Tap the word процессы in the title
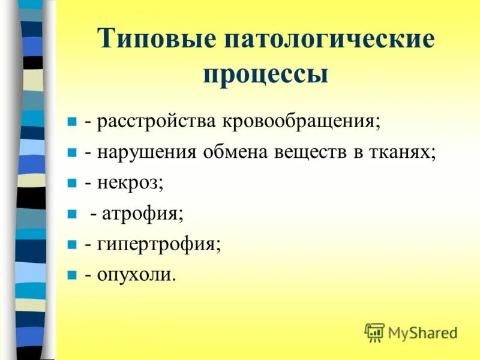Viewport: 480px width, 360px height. [266, 75]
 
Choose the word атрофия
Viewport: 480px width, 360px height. [142, 214]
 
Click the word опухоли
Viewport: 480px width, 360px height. [136, 275]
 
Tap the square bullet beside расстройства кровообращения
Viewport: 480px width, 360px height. [71, 122]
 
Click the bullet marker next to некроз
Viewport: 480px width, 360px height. [71, 183]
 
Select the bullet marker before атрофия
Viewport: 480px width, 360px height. [71, 214]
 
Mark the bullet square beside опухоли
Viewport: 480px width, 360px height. [71, 275]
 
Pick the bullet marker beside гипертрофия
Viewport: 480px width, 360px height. [71, 245]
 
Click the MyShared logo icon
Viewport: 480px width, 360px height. [374, 332]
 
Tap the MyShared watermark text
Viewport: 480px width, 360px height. [423, 332]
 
